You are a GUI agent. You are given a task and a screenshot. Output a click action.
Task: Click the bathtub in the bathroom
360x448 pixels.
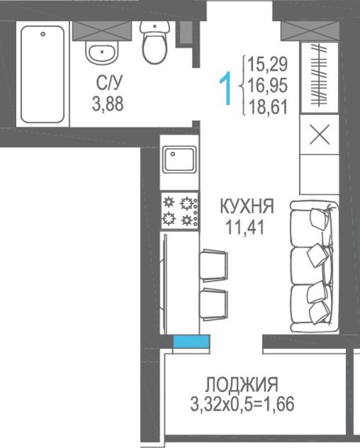coord(43,74)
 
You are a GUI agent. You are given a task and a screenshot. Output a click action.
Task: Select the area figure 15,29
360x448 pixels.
coord(267,65)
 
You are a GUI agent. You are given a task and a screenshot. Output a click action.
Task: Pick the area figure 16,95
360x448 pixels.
coord(267,86)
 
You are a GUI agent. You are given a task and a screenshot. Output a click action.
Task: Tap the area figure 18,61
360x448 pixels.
coord(267,107)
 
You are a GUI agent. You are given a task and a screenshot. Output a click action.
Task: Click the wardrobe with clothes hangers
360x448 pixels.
coord(320,77)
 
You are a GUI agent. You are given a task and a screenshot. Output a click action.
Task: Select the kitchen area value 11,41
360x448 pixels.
coord(245,227)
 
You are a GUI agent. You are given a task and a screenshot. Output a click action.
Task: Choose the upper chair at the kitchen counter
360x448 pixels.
coord(212,264)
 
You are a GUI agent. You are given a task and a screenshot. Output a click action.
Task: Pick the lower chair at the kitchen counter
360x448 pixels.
coord(212,304)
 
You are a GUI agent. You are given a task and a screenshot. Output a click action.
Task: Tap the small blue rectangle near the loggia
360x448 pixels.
coord(191,342)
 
